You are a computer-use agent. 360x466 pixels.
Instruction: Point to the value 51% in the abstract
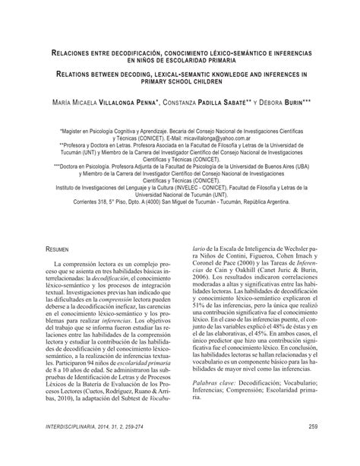[x=192, y=315]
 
